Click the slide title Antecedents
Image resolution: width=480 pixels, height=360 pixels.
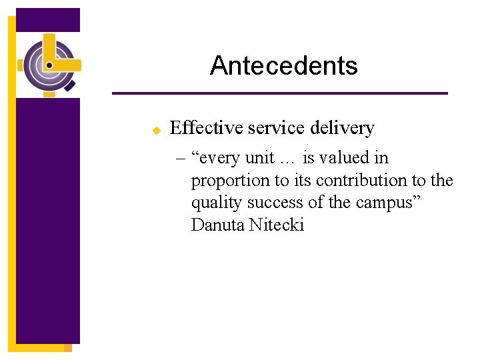283,65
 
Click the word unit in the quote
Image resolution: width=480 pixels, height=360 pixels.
259,158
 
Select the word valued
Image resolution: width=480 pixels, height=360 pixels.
349,158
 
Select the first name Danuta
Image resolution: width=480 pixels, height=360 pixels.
217,225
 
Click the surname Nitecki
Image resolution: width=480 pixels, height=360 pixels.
276,225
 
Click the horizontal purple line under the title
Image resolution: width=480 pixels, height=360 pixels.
279,93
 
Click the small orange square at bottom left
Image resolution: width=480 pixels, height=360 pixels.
67,348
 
